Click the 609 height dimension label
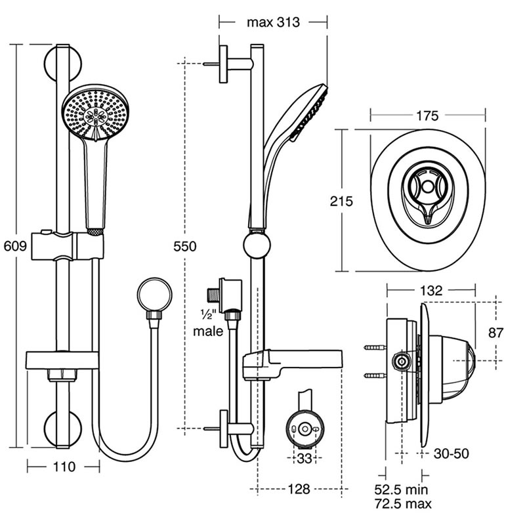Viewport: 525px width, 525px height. pos(15,246)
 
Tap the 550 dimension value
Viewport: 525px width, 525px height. pos(185,247)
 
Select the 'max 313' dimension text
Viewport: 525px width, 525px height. pos(273,22)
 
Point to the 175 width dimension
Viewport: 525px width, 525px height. pos(427,116)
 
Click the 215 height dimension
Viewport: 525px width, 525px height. pos(341,201)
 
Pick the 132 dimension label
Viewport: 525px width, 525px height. pos(431,290)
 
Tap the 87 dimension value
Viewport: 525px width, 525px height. pos(495,333)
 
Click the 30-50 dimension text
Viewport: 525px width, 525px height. pos(451,453)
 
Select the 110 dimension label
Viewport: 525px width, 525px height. pos(64,467)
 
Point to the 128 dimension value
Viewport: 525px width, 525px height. pos(299,489)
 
